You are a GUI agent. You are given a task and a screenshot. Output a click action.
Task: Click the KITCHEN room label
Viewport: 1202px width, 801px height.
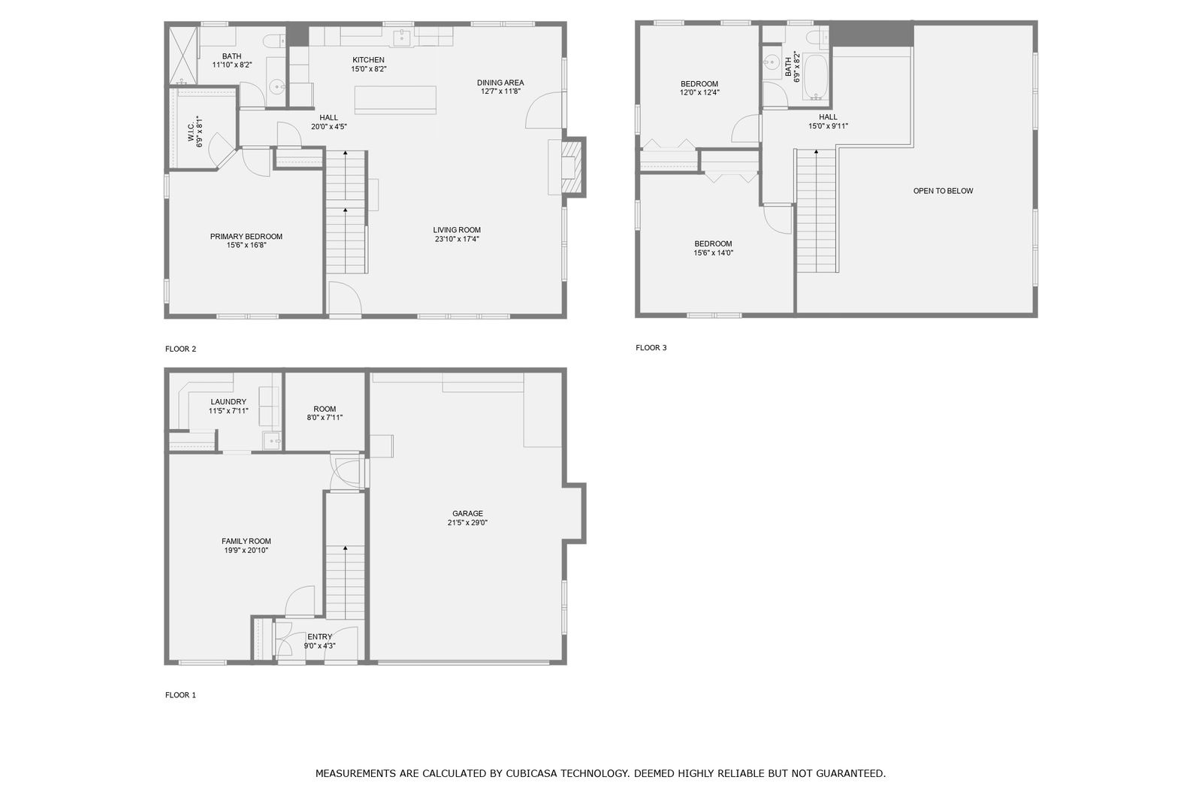click(x=368, y=60)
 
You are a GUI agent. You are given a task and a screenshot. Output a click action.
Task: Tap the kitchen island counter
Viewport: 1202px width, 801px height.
click(x=395, y=100)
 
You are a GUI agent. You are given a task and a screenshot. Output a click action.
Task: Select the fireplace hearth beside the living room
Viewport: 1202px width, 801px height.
click(x=572, y=167)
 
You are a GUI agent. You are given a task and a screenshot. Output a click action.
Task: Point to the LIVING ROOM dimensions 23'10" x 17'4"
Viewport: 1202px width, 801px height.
click(x=457, y=239)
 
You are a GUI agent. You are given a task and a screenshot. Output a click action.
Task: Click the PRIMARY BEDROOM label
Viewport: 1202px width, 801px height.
click(x=246, y=236)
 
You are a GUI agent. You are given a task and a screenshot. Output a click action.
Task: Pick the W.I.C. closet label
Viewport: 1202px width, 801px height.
click(x=191, y=132)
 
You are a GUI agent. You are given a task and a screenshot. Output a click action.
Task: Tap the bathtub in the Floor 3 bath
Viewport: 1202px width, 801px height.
click(x=816, y=77)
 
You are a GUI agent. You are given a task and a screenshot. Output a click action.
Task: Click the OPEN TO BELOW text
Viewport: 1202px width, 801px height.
click(x=943, y=191)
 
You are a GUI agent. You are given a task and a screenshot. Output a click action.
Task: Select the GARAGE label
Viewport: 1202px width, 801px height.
click(x=467, y=514)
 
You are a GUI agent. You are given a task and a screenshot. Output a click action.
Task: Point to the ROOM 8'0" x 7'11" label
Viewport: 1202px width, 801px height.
click(x=325, y=413)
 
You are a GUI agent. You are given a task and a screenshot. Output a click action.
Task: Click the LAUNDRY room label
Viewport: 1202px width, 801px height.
click(x=228, y=401)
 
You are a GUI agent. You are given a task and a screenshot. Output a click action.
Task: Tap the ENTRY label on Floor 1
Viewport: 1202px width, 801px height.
click(x=320, y=636)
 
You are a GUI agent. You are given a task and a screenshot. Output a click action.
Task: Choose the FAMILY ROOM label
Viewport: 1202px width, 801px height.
click(x=246, y=541)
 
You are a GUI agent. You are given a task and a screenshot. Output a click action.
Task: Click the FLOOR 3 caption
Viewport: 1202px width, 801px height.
click(x=651, y=348)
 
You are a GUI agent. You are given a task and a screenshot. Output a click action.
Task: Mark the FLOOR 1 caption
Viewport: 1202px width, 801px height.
click(x=180, y=695)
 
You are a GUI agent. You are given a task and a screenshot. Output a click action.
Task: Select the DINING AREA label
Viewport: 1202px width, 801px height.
click(x=500, y=83)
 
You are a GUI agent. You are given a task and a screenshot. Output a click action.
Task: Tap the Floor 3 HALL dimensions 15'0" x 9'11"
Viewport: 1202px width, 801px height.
click(x=828, y=126)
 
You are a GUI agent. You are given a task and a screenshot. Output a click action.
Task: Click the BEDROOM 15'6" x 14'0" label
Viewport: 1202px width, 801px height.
click(x=713, y=248)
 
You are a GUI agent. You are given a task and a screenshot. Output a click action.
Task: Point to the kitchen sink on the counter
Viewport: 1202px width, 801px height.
click(x=401, y=38)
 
